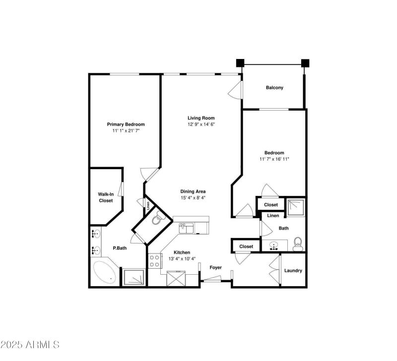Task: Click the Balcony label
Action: [274, 88]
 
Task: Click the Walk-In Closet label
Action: [105, 197]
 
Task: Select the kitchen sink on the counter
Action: [186, 228]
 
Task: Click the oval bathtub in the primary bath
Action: [105, 272]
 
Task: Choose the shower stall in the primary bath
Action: [133, 277]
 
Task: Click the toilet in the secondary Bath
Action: [298, 242]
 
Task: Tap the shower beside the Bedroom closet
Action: [297, 204]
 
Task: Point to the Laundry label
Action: [293, 270]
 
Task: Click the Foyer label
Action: [215, 268]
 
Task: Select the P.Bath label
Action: [119, 248]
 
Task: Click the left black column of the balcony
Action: [240, 63]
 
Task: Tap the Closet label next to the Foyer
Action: [246, 246]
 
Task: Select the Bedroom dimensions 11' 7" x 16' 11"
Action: [274, 159]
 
